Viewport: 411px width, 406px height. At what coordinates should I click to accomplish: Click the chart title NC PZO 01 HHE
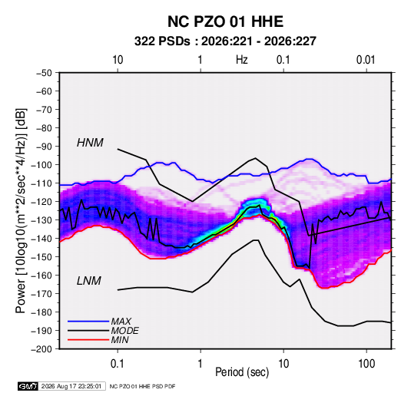pyautogui.click(x=225, y=21)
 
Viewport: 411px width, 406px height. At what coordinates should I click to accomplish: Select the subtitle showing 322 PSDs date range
pyautogui.click(x=225, y=41)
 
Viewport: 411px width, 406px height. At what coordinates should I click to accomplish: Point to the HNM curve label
pyautogui.click(x=90, y=143)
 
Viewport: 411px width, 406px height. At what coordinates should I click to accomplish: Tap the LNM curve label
pyautogui.click(x=89, y=281)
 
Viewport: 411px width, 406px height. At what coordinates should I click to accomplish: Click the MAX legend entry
pyautogui.click(x=121, y=322)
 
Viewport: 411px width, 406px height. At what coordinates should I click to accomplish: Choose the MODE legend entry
pyautogui.click(x=124, y=331)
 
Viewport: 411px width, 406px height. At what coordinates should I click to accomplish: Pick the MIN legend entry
pyautogui.click(x=120, y=340)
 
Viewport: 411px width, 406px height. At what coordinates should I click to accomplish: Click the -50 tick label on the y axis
pyautogui.click(x=44, y=73)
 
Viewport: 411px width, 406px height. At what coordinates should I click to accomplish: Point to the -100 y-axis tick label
pyautogui.click(x=41, y=165)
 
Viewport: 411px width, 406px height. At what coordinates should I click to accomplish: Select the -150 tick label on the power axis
pyautogui.click(x=41, y=257)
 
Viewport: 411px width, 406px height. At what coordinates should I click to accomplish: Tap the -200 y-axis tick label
pyautogui.click(x=41, y=349)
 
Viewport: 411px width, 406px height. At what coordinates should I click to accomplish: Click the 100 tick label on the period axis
pyautogui.click(x=366, y=364)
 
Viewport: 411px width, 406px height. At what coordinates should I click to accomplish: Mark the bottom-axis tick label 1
pyautogui.click(x=201, y=364)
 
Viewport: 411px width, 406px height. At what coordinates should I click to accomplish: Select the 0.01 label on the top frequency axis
pyautogui.click(x=366, y=60)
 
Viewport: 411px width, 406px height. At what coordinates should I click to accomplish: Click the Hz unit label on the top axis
pyautogui.click(x=242, y=60)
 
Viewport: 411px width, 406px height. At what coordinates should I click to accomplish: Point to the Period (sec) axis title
pyautogui.click(x=242, y=372)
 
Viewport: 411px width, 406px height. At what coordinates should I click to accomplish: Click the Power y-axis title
pyautogui.click(x=21, y=210)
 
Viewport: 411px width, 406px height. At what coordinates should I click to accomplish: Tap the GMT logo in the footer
pyautogui.click(x=28, y=386)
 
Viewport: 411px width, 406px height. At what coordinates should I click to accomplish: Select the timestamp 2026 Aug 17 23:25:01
pyautogui.click(x=71, y=386)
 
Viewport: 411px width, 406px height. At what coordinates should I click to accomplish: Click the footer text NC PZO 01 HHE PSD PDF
pyautogui.click(x=142, y=387)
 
